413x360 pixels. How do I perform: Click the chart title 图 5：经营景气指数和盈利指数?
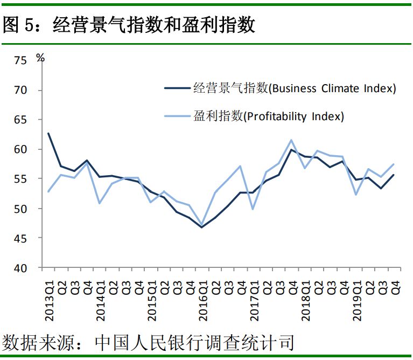pyautogui.click(x=129, y=25)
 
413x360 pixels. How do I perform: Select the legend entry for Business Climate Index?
pyautogui.click(x=294, y=89)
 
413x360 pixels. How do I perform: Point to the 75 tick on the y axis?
pyautogui.click(x=20, y=60)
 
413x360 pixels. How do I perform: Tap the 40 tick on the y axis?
pyautogui.click(x=20, y=268)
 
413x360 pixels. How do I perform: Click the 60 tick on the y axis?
pyautogui.click(x=20, y=149)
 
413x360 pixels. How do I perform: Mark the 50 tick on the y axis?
pyautogui.click(x=20, y=209)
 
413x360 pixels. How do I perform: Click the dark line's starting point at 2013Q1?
pyautogui.click(x=48, y=133)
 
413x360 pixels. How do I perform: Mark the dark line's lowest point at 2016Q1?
pyautogui.click(x=202, y=227)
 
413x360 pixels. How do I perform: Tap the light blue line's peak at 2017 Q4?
pyautogui.click(x=291, y=140)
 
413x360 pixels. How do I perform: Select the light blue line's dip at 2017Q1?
pyautogui.click(x=253, y=209)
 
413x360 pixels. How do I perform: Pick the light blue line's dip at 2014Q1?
pyautogui.click(x=100, y=203)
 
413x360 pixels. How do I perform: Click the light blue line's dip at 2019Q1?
pyautogui.click(x=355, y=195)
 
